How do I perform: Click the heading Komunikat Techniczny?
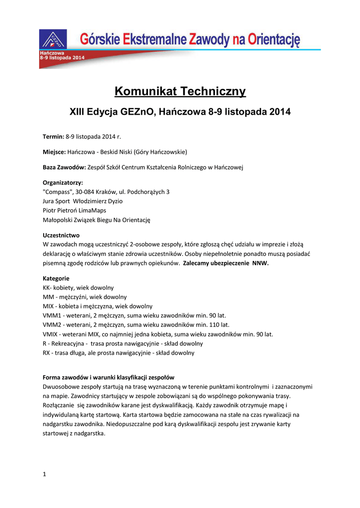click(180, 91)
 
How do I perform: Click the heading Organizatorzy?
click(63, 183)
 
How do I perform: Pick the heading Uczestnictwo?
click(61, 235)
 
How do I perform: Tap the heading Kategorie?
click(56, 278)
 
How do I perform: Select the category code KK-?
click(48, 287)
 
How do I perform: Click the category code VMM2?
click(53, 324)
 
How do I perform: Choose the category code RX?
click(47, 353)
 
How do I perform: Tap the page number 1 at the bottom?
click(45, 474)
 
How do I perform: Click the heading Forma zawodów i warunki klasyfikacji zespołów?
click(108, 377)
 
